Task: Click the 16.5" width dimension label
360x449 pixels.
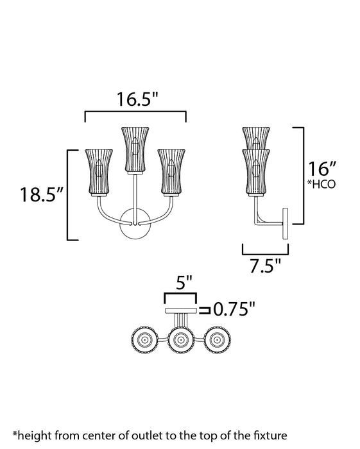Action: click(x=137, y=99)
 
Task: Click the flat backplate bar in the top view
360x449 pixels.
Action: click(x=181, y=310)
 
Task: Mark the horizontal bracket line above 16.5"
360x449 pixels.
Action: click(x=135, y=113)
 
